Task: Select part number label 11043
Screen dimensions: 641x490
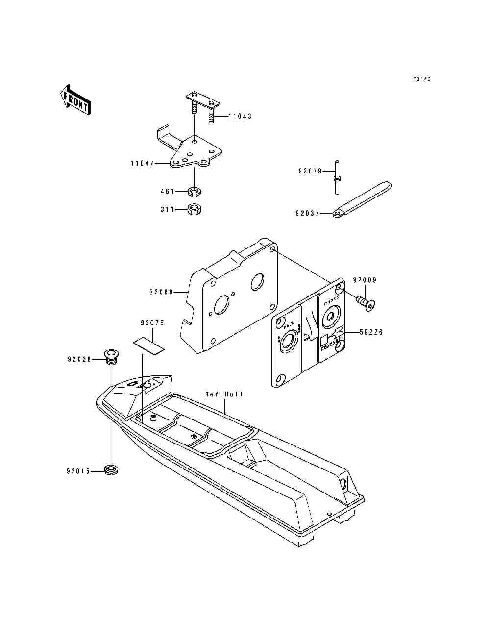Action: click(240, 116)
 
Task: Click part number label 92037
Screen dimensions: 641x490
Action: click(308, 213)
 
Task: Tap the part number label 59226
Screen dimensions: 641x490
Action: click(371, 332)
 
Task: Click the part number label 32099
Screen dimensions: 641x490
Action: click(162, 292)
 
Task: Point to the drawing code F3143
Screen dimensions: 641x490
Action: click(421, 79)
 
